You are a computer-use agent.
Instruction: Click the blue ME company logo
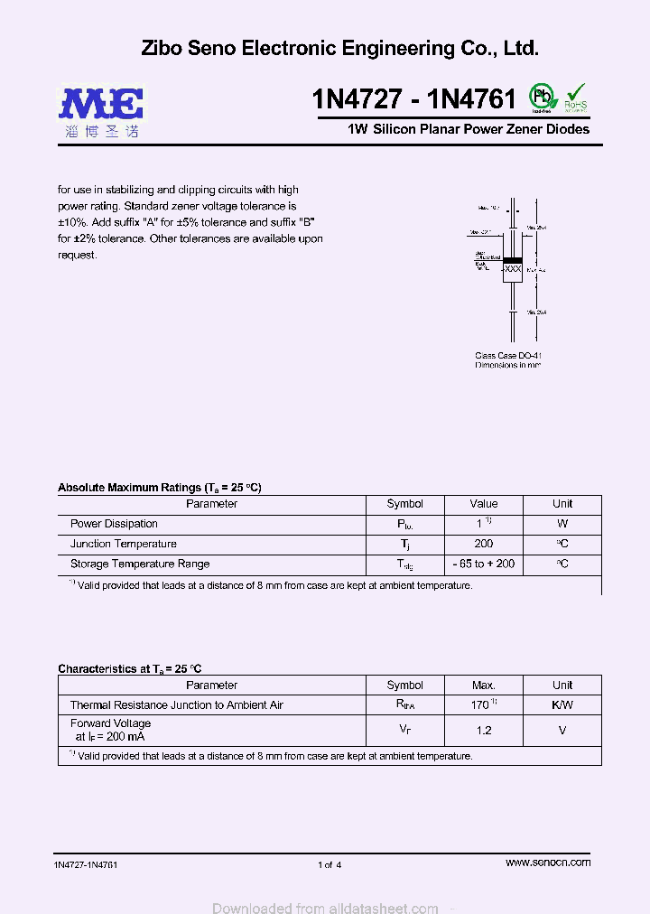(x=102, y=104)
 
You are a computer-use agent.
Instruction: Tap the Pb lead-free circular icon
(x=542, y=97)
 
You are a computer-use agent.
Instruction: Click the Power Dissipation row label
(x=114, y=524)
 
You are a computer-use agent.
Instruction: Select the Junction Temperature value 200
(x=484, y=544)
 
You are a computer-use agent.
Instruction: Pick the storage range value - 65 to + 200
(x=484, y=564)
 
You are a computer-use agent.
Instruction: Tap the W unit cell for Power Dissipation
(x=562, y=524)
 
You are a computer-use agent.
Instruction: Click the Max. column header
(x=484, y=685)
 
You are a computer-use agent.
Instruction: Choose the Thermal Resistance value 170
(x=481, y=704)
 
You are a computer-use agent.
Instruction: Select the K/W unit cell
(x=562, y=704)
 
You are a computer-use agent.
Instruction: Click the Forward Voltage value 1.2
(x=484, y=730)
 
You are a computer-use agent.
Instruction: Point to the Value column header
(x=484, y=504)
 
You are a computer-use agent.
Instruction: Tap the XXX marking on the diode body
(x=513, y=269)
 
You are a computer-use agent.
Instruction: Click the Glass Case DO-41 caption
(x=508, y=356)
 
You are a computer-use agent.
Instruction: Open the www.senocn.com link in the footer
(x=548, y=863)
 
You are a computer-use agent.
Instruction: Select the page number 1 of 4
(x=330, y=865)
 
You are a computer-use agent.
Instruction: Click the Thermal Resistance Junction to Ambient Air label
(x=177, y=705)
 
